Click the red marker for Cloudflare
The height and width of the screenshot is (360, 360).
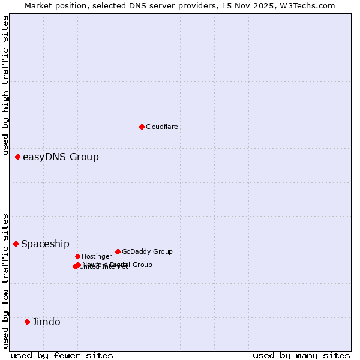(142, 127)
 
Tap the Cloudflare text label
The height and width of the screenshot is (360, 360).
(162, 127)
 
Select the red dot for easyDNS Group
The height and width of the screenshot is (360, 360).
(17, 157)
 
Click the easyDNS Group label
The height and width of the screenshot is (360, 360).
(61, 157)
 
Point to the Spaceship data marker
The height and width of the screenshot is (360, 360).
(16, 244)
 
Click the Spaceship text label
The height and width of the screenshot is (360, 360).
(45, 244)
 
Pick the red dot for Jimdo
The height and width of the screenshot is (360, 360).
(27, 322)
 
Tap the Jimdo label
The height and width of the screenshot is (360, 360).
(46, 322)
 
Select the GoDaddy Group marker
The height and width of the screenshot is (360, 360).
(118, 251)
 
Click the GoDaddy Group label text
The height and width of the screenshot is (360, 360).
(147, 251)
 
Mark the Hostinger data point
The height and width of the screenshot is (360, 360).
(77, 256)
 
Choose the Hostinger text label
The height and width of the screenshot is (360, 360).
(97, 256)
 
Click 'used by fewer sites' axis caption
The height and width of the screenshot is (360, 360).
(62, 355)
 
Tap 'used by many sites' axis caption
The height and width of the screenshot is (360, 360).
(301, 355)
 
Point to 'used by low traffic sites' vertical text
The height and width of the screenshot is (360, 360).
(5, 281)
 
